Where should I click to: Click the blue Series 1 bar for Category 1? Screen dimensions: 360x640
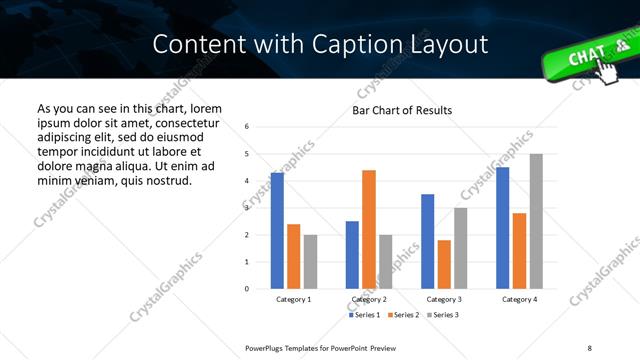coord(277,231)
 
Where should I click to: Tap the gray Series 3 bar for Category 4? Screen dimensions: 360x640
coord(536,221)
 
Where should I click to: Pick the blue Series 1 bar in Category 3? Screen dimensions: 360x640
coord(428,241)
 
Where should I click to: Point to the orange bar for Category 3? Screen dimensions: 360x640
coord(444,264)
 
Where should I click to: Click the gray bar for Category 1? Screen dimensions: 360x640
coord(310,261)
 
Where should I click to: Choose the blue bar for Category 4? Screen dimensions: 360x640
coord(503,228)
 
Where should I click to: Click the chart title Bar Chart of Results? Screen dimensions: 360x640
coord(402,110)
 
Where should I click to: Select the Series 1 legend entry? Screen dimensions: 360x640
coord(364,315)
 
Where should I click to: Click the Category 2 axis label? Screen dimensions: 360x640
coord(369,299)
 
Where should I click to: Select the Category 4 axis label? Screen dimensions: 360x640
coord(519,299)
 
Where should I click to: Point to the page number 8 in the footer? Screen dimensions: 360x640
coord(589,347)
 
